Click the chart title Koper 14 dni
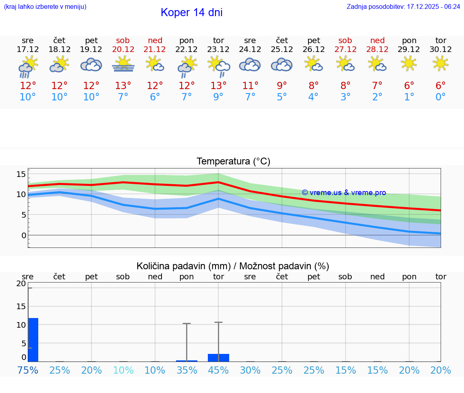[191, 12]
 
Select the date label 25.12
[282, 50]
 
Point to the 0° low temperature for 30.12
[441, 97]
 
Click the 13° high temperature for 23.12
[218, 86]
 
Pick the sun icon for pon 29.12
[409, 64]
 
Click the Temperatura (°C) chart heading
[233, 162]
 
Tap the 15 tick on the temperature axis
[21, 174]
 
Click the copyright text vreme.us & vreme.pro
[344, 193]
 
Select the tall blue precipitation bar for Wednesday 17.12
[33, 339]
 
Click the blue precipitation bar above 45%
[218, 358]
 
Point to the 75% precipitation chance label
[28, 370]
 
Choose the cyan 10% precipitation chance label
[123, 370]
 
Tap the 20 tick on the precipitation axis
[21, 284]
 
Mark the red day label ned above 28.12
[377, 40]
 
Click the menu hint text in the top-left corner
[45, 6]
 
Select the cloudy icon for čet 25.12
[282, 64]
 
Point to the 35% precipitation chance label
[187, 370]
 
